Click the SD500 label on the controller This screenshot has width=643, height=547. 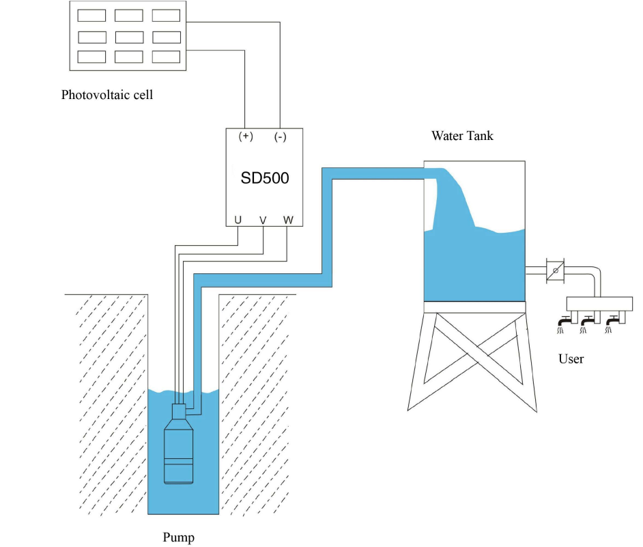(264, 178)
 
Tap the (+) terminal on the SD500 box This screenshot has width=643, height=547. (246, 136)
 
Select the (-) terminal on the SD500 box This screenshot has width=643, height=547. (280, 137)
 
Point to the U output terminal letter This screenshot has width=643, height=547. (238, 220)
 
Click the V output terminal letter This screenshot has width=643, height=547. (263, 221)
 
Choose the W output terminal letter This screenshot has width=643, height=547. (288, 220)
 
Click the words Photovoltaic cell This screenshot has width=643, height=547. (107, 95)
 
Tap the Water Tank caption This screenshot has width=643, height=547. (462, 136)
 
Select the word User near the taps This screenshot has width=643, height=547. (571, 359)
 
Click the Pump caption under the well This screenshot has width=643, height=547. (178, 537)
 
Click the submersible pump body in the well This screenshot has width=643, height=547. (178, 451)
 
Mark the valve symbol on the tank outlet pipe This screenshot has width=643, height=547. (555, 271)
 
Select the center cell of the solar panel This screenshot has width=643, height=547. (129, 38)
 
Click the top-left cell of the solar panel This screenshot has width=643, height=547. (91, 16)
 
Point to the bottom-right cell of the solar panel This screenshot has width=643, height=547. (166, 57)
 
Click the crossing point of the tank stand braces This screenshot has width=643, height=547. (475, 356)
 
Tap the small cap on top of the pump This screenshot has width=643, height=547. (178, 411)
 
